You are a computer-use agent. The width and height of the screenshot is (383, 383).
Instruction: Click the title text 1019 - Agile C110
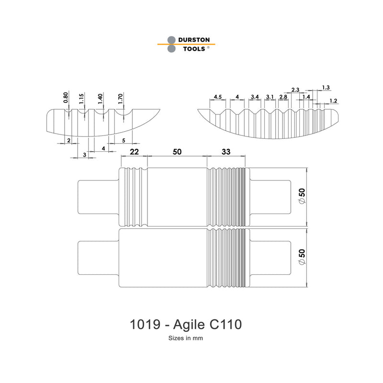(186, 325)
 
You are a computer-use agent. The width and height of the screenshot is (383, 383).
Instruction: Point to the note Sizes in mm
(187, 338)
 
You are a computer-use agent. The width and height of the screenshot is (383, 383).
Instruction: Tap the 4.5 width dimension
(218, 97)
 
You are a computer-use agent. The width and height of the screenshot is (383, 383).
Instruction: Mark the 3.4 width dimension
(255, 97)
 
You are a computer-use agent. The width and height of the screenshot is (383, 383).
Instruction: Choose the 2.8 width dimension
(283, 97)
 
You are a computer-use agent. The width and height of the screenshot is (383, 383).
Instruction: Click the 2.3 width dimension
(295, 90)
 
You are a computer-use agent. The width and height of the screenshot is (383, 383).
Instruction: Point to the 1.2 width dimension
(334, 101)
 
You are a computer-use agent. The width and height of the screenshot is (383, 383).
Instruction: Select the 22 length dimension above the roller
(134, 152)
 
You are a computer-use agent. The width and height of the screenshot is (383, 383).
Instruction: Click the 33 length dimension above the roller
(226, 152)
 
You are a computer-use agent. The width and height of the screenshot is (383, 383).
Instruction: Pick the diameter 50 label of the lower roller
(302, 257)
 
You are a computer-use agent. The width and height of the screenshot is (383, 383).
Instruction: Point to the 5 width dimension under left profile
(124, 140)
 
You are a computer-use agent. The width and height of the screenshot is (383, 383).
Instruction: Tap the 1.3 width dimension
(326, 87)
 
